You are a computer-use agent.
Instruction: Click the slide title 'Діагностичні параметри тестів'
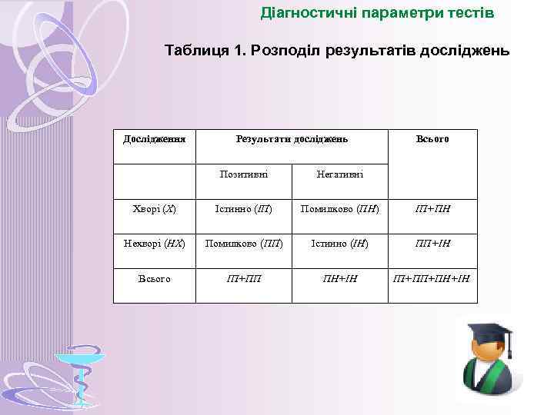pos(377,14)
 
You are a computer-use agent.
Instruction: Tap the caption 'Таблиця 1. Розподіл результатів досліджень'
pos(336,51)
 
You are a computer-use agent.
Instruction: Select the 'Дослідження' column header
pos(155,139)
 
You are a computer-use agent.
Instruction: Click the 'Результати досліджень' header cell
pos(292,139)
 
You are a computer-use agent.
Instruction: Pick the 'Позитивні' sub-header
pos(244,174)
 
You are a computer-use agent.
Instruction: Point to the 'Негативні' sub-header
pos(339,174)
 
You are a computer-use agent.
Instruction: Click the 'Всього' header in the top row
pos(432,139)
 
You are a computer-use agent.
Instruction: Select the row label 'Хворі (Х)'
pos(155,209)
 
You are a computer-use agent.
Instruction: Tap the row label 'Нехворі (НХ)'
pos(155,244)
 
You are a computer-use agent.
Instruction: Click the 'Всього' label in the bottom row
pos(155,278)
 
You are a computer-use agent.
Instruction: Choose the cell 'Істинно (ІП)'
pos(244,209)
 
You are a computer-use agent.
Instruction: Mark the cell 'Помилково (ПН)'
pos(339,209)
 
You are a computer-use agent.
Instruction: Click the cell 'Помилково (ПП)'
pos(244,244)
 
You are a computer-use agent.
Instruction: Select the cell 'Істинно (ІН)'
pos(339,244)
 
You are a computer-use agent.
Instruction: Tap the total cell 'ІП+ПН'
pos(432,209)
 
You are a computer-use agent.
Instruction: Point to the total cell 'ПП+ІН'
pos(432,244)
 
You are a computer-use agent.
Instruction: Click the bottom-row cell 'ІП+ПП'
pos(244,278)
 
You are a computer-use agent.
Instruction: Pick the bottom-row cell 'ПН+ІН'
pos(339,278)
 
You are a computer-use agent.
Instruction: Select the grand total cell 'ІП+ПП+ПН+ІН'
pos(432,278)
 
